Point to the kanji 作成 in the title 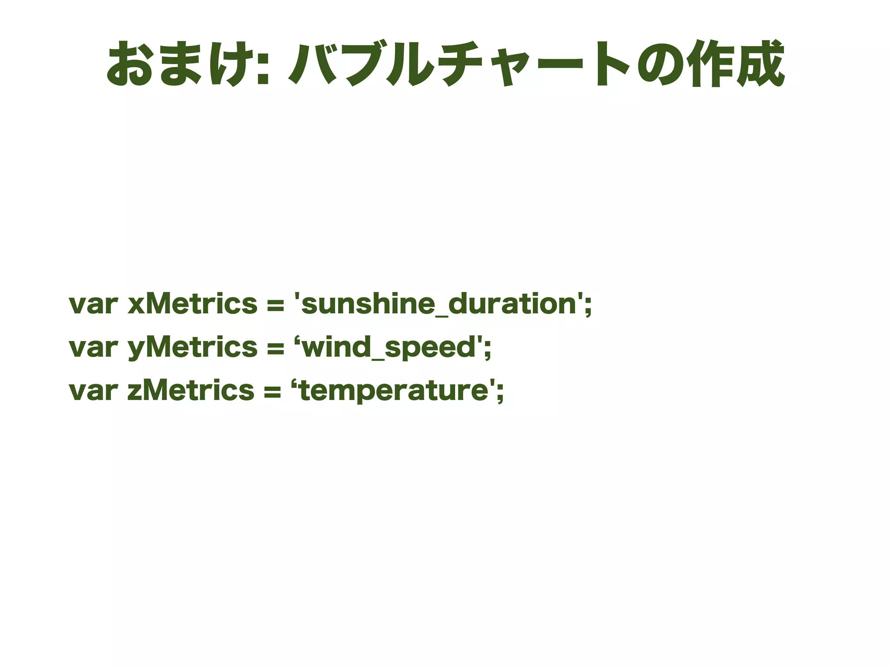point(736,64)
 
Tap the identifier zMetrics point(191,390)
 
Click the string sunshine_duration point(439,304)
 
